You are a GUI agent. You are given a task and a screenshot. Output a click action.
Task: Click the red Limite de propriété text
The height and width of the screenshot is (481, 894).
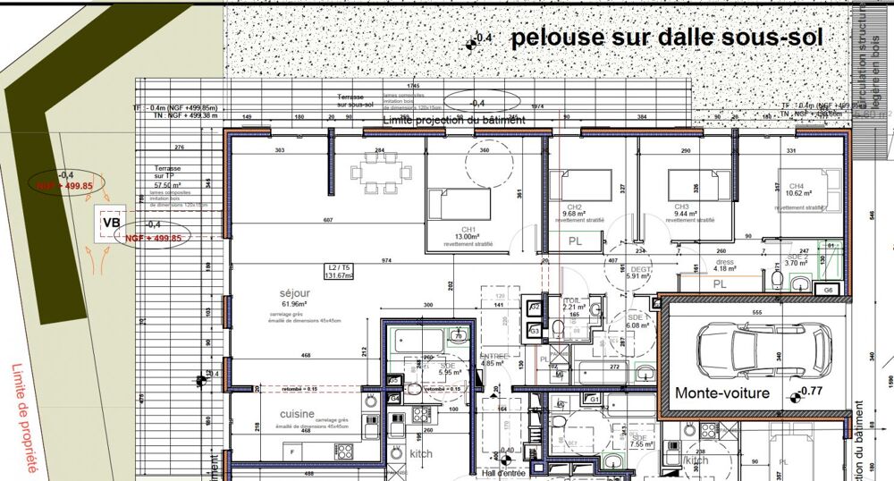coord(26,417)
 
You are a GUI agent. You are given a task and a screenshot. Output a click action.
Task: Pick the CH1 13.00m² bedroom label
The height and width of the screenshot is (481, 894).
coord(468,233)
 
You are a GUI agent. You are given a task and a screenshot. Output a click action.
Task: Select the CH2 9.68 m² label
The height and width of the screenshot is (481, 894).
coord(574,211)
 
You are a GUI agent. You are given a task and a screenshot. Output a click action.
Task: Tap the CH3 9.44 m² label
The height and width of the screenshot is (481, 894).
coord(687,211)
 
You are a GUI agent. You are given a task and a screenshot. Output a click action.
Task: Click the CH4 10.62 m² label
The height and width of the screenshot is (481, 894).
coord(796,190)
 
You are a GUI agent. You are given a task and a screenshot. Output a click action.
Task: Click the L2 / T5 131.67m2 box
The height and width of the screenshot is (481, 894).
coord(338,271)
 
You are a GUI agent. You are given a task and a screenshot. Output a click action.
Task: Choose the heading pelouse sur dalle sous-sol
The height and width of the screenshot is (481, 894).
coord(665,38)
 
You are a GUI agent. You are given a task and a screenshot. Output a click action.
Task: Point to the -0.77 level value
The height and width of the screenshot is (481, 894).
coord(810,392)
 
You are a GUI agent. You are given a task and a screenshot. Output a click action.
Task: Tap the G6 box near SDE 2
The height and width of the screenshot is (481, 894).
coord(828,291)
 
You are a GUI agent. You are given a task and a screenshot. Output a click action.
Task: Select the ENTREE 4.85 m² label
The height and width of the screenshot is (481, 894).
coord(493,359)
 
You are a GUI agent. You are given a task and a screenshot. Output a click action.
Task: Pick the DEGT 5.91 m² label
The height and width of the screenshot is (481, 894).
coord(637,274)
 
